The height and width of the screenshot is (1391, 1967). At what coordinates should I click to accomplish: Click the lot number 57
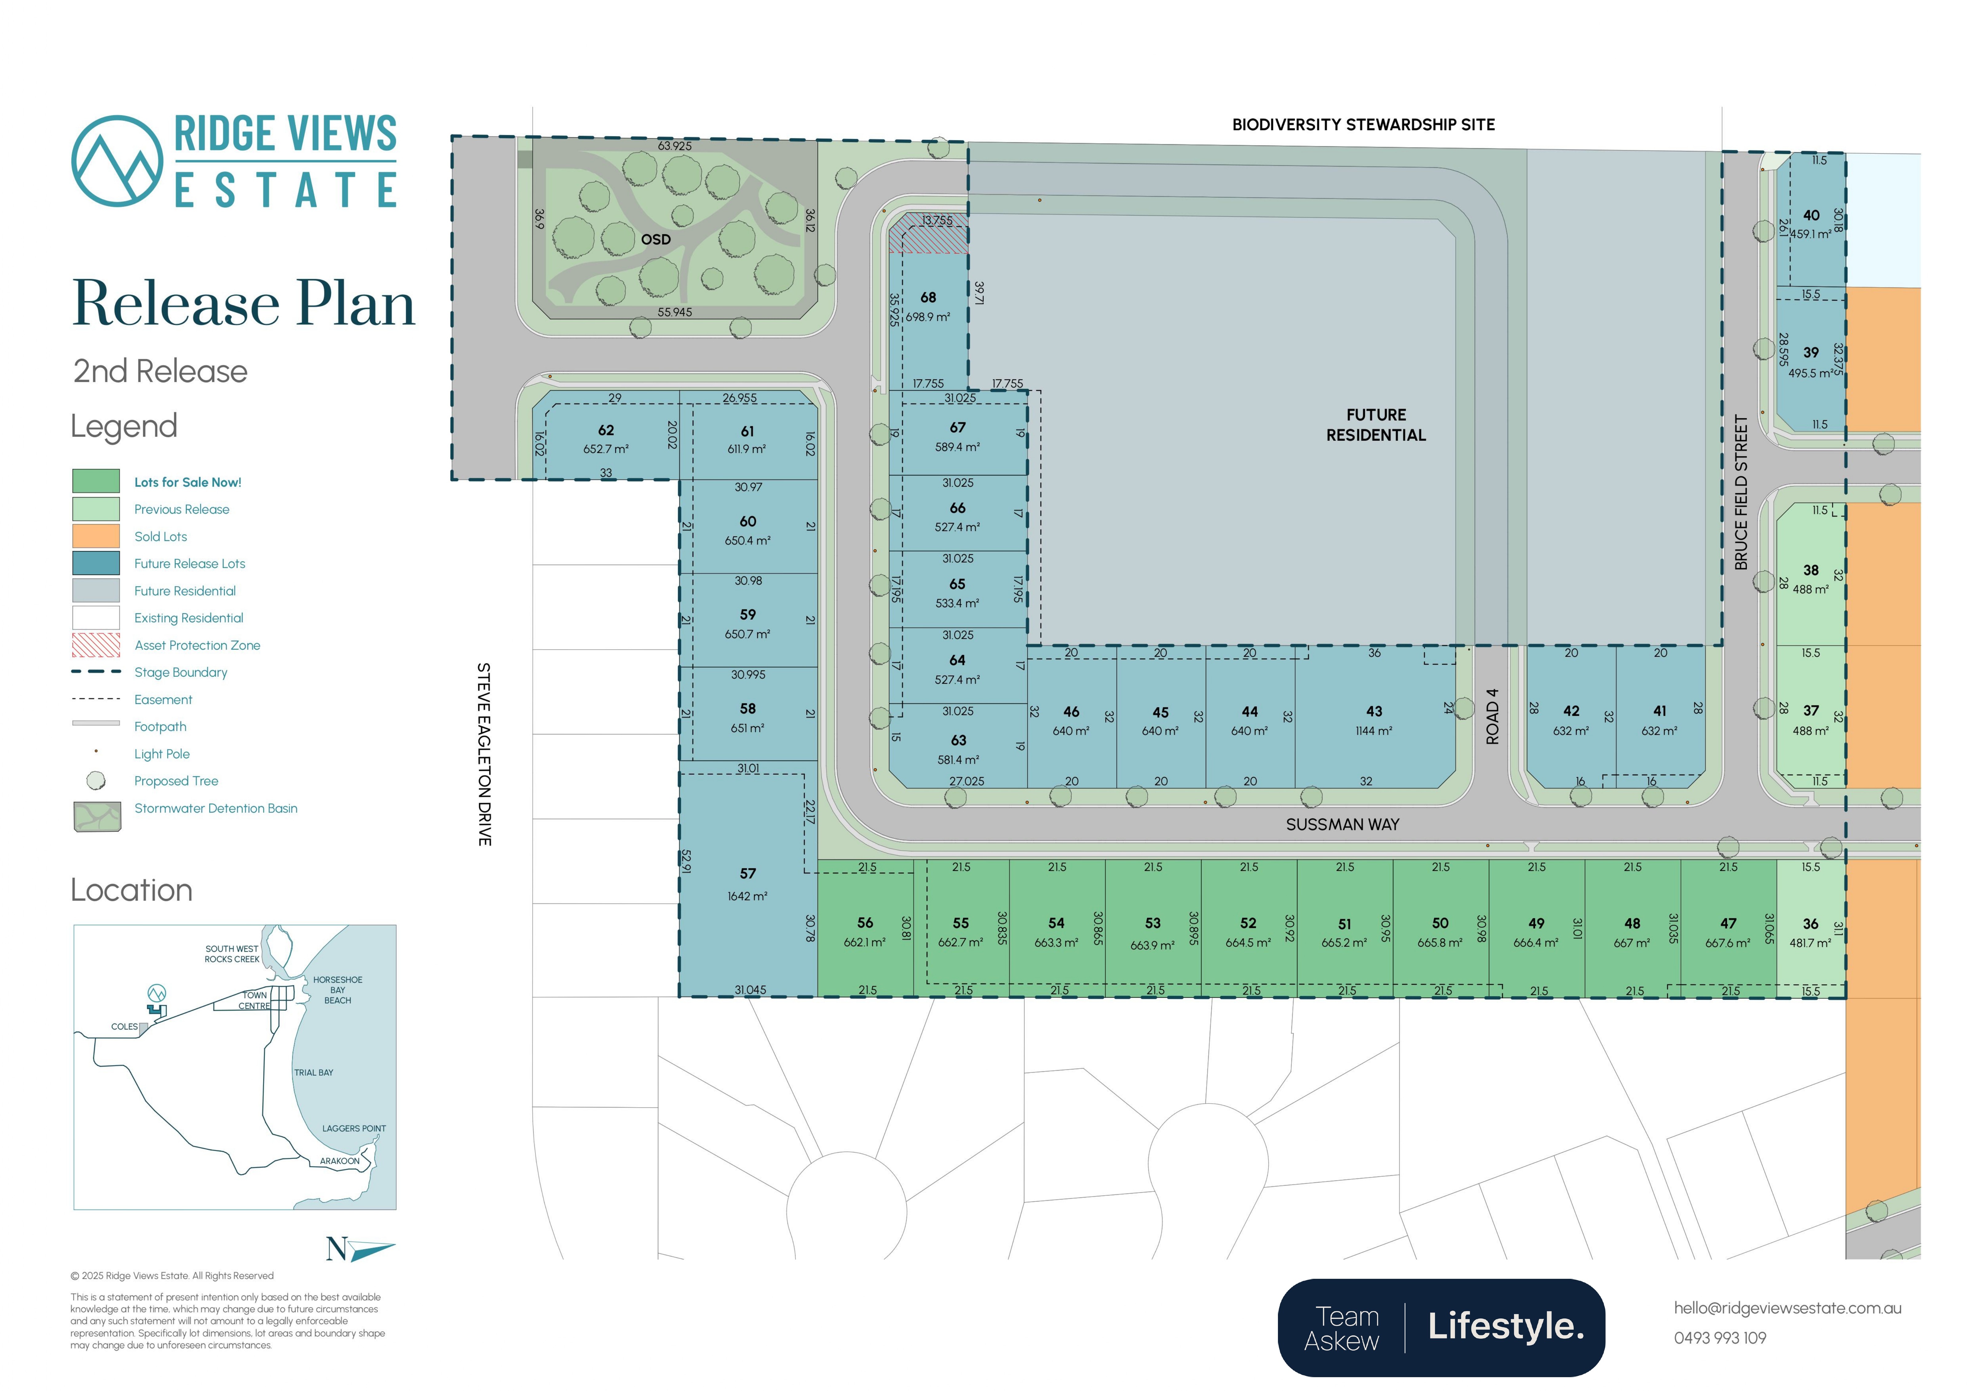[x=748, y=873]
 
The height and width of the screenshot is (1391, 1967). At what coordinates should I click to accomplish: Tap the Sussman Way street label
[x=1342, y=824]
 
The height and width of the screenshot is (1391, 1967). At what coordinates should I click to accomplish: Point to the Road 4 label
[x=1492, y=717]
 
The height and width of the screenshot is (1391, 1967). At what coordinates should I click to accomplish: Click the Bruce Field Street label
[x=1741, y=493]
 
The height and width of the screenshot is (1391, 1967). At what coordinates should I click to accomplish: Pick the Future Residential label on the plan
[x=1376, y=425]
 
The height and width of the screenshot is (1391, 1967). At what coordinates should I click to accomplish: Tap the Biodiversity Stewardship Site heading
[x=1363, y=124]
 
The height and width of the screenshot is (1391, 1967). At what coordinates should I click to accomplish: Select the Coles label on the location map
[x=124, y=1026]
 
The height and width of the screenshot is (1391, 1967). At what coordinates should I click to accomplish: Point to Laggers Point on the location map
[x=354, y=1129]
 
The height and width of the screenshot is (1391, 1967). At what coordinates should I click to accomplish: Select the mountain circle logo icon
[x=117, y=161]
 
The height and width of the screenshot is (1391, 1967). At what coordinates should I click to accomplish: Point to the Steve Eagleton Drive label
[x=484, y=754]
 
